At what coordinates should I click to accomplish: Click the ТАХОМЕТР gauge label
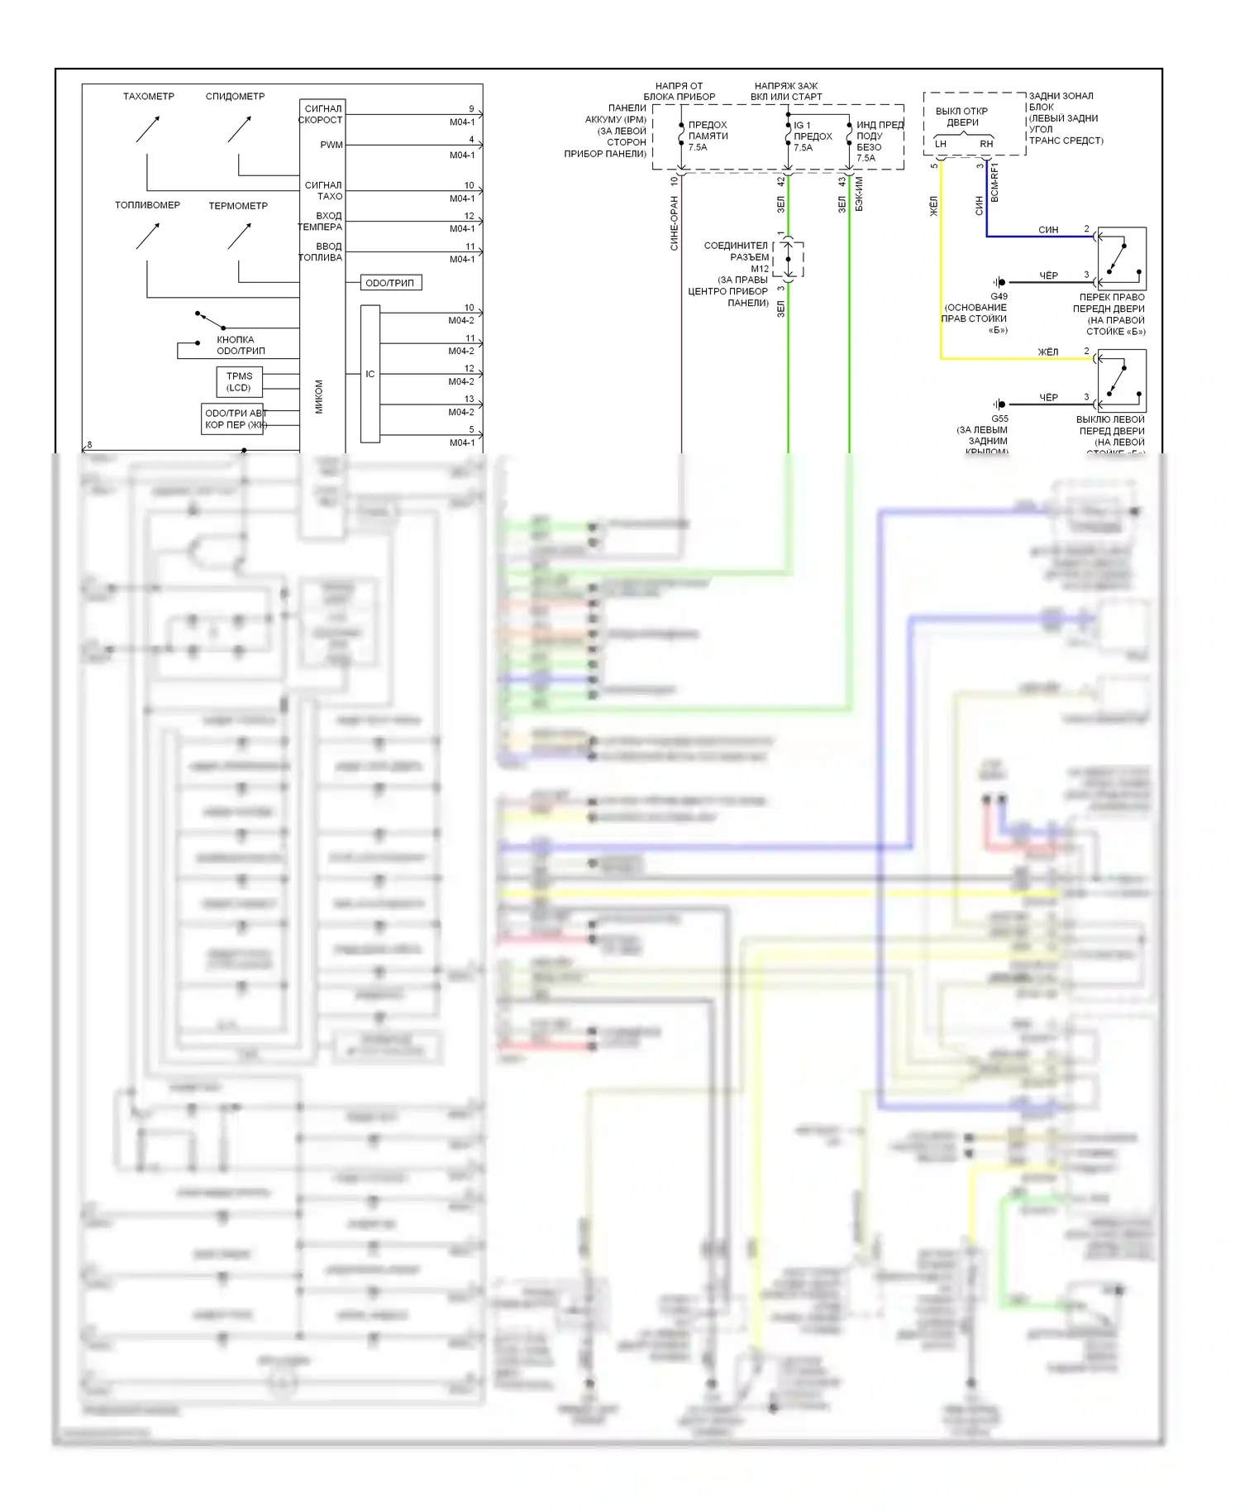(149, 97)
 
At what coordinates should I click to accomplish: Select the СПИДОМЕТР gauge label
(235, 97)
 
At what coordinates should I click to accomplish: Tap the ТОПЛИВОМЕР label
(147, 205)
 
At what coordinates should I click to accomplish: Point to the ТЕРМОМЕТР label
(238, 206)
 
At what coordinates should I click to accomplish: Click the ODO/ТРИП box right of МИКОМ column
(390, 283)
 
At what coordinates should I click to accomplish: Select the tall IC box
(370, 374)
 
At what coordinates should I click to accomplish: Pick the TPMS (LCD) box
(239, 382)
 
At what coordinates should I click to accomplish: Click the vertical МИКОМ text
(319, 396)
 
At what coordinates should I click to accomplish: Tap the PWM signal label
(331, 145)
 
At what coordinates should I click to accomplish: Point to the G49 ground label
(999, 296)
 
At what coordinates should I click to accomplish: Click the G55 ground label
(999, 419)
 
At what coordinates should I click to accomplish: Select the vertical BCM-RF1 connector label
(994, 182)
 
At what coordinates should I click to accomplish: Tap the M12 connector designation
(760, 269)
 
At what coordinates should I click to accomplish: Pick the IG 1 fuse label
(802, 126)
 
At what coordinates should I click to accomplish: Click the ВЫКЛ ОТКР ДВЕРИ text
(961, 117)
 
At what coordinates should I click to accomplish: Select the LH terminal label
(940, 144)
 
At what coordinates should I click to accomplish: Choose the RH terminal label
(986, 144)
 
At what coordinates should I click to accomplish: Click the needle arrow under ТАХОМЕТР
(148, 129)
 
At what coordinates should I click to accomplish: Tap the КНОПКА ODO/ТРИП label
(241, 345)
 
